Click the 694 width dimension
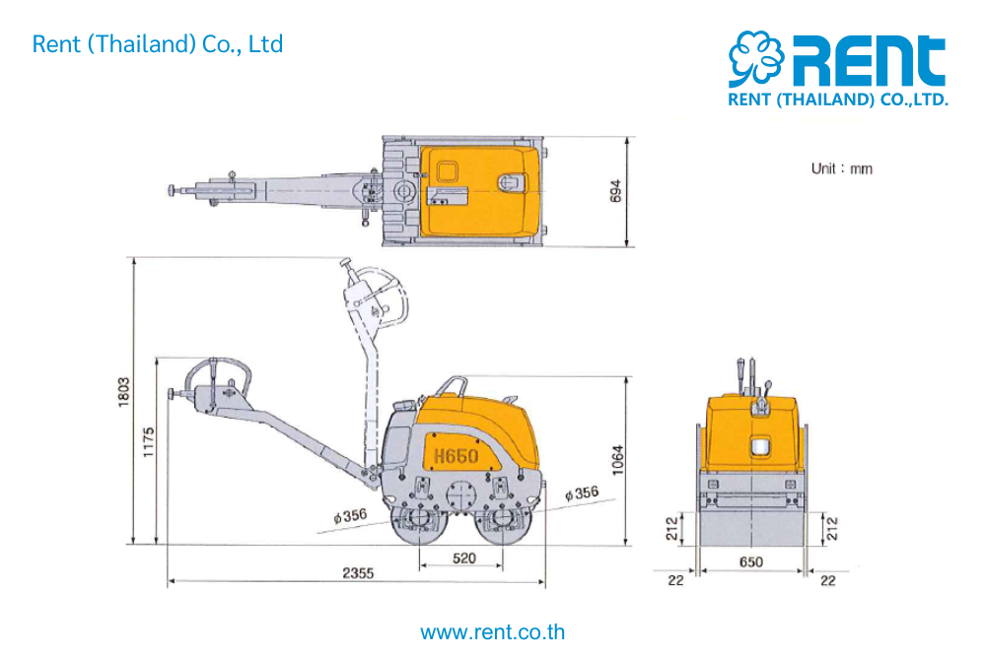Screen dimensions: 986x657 [x=615, y=191]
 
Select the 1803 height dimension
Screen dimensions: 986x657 [x=124, y=392]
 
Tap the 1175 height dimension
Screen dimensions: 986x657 [x=149, y=443]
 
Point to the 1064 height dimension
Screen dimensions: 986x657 [x=618, y=460]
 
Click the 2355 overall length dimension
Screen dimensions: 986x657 [x=358, y=573]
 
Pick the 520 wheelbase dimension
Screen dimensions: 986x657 [x=464, y=558]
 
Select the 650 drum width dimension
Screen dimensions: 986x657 [x=750, y=561]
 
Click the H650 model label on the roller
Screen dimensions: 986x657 [x=456, y=455]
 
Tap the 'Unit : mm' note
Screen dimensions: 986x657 [x=841, y=168]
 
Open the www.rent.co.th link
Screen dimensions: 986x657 [x=492, y=631]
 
